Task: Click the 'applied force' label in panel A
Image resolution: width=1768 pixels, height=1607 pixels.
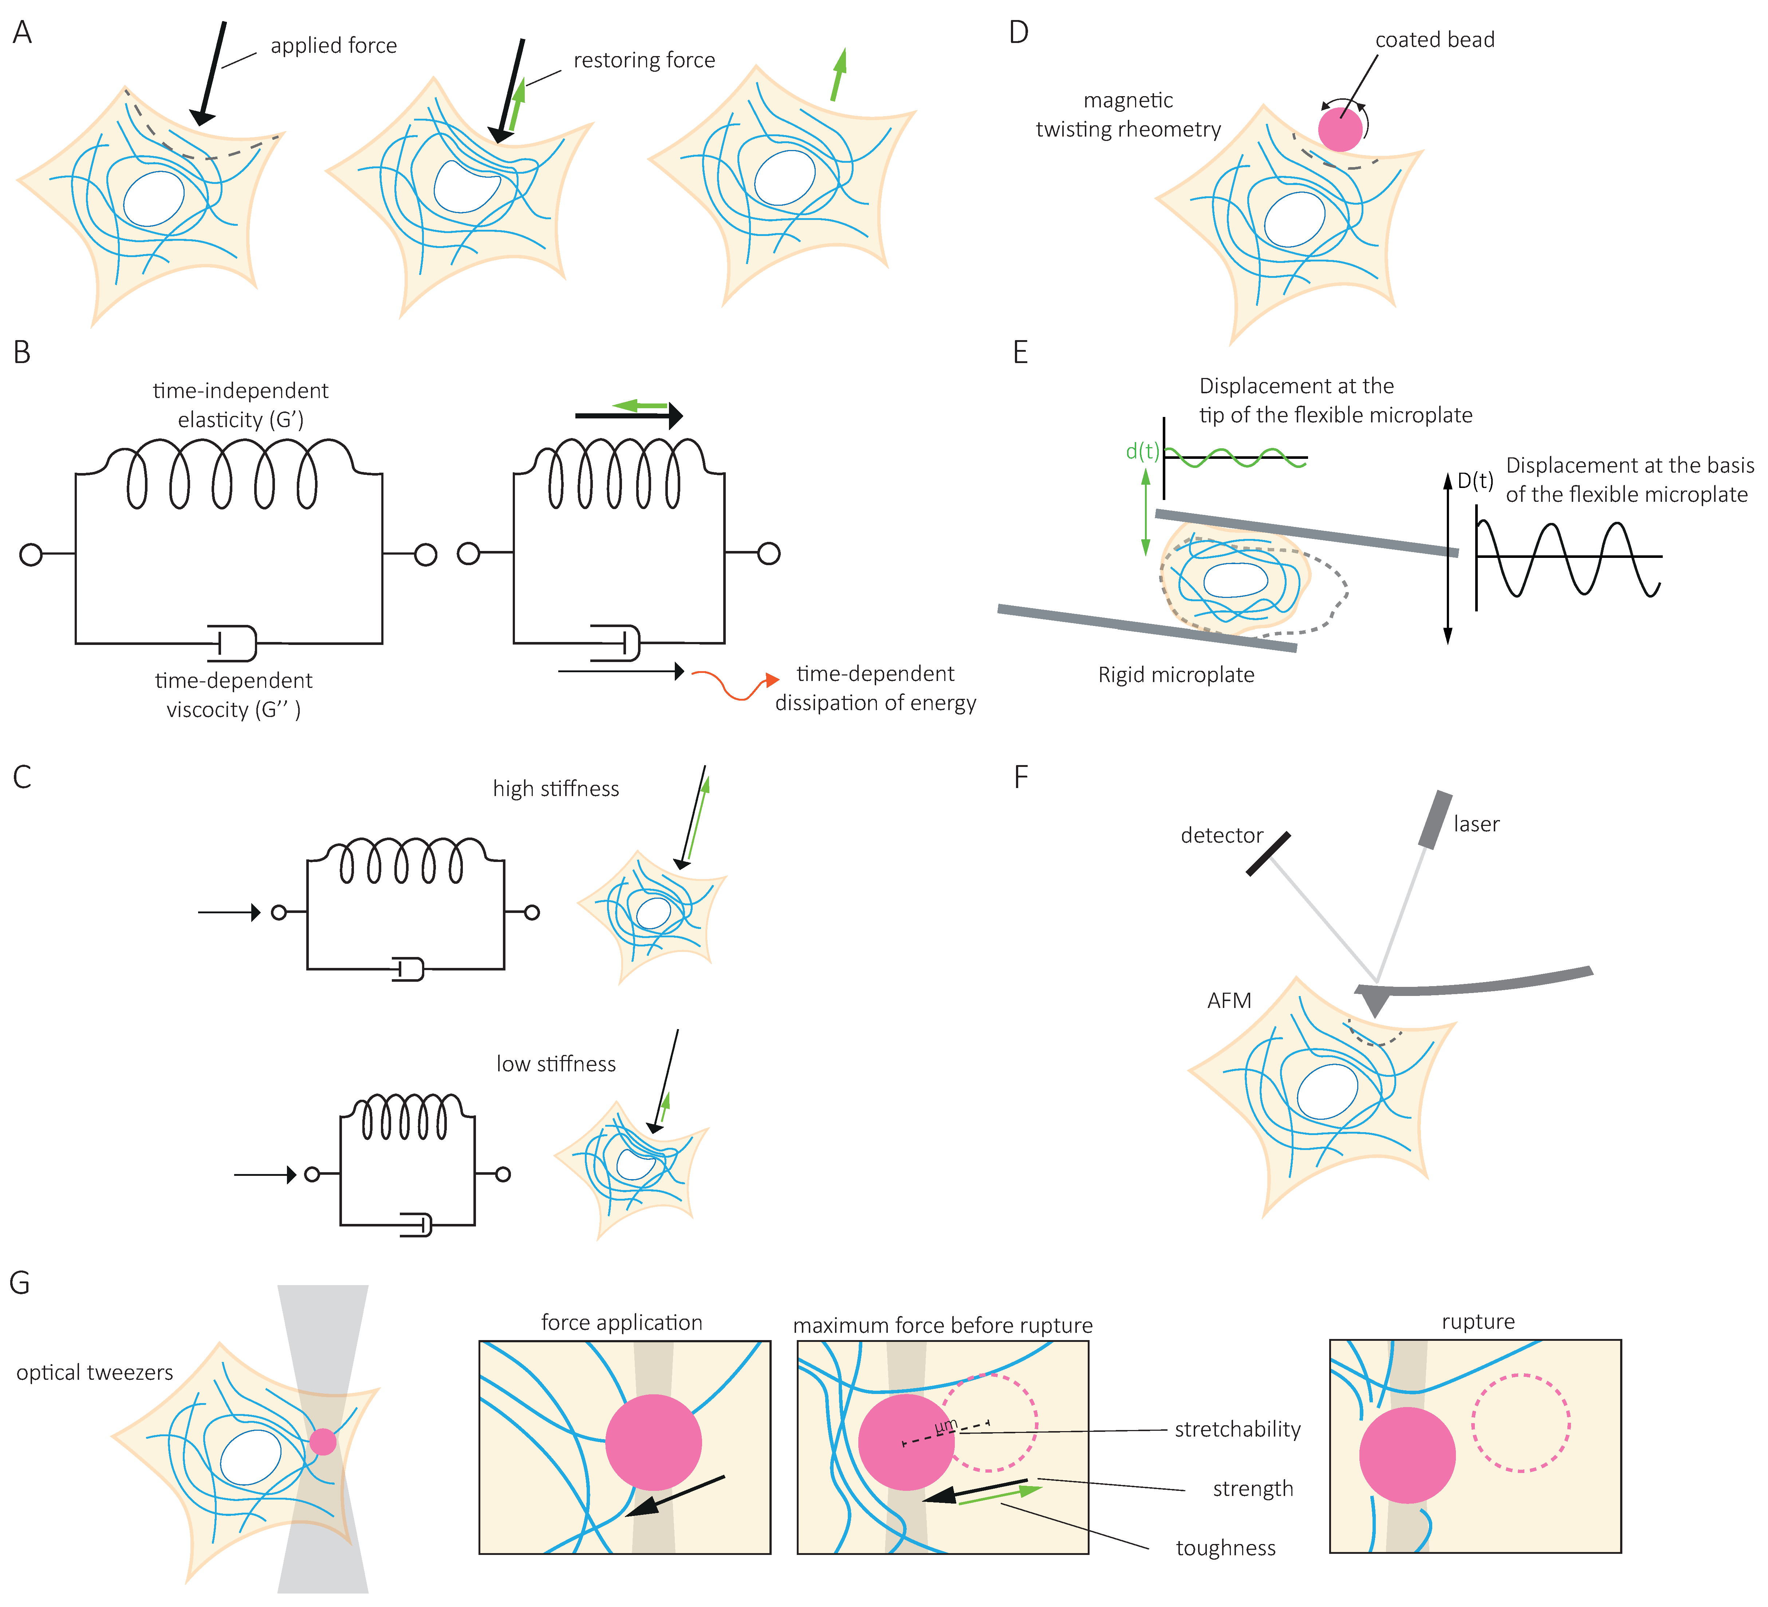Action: (333, 46)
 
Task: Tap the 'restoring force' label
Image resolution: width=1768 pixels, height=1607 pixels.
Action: (644, 60)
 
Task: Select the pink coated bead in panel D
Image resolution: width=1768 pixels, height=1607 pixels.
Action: (1340, 128)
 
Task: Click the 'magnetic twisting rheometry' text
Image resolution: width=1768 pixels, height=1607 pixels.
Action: (1128, 115)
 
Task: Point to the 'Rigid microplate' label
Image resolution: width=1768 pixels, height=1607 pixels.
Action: (1176, 674)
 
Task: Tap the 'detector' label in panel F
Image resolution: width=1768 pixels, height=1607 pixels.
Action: (1222, 835)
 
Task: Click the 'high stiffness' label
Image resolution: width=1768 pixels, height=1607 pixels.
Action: (556, 789)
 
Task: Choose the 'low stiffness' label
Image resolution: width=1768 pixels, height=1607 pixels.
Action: (556, 1064)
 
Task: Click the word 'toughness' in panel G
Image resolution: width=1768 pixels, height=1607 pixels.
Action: (1225, 1548)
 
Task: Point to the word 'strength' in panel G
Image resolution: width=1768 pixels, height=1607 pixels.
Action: (1252, 1489)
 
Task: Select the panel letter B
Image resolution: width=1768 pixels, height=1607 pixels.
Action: (22, 352)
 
